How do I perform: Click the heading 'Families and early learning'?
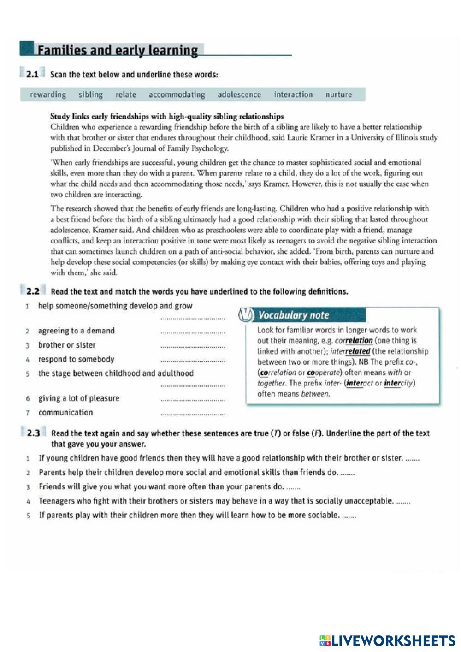pyautogui.click(x=118, y=50)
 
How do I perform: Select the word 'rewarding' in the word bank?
pyautogui.click(x=48, y=95)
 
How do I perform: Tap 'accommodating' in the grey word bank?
pyautogui.click(x=177, y=95)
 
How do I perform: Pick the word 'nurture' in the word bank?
pyautogui.click(x=338, y=95)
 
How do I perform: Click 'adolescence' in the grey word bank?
pyautogui.click(x=239, y=95)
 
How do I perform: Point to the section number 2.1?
pyautogui.click(x=32, y=74)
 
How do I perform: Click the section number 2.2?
pyautogui.click(x=33, y=291)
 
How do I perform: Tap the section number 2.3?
pyautogui.click(x=33, y=433)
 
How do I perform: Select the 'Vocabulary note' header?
pyautogui.click(x=294, y=315)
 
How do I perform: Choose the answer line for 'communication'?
pyautogui.click(x=193, y=415)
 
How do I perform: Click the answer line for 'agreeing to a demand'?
pyautogui.click(x=193, y=332)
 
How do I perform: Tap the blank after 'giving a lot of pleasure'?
pyautogui.click(x=193, y=400)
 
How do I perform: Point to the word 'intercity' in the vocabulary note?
pyautogui.click(x=399, y=383)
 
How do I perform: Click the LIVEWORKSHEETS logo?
pyautogui.click(x=387, y=640)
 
